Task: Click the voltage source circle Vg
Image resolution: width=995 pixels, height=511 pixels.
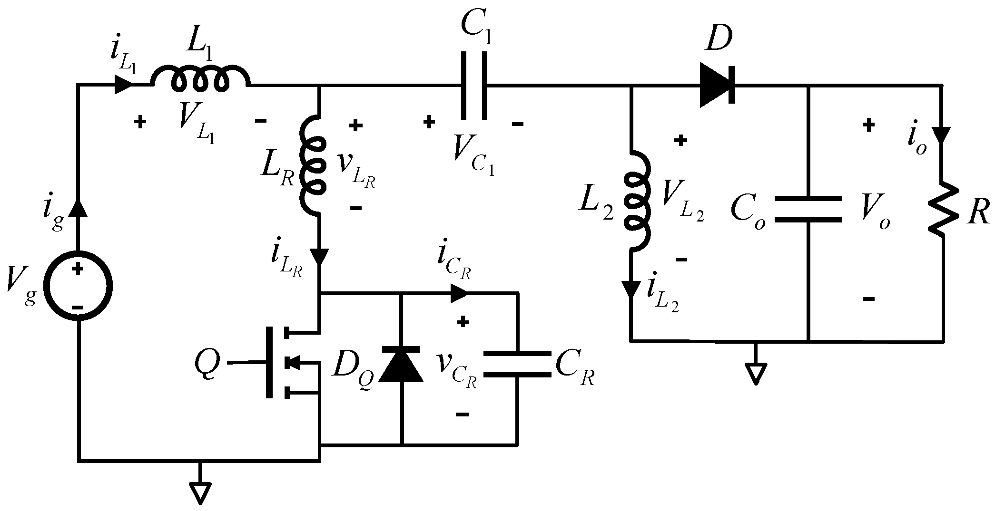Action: [x=78, y=285]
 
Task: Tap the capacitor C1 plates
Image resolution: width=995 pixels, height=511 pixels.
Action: [x=473, y=86]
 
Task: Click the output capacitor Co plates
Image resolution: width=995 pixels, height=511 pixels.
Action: [x=808, y=210]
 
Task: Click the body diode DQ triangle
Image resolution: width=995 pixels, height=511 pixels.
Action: [x=402, y=364]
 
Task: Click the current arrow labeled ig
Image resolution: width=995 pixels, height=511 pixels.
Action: [x=79, y=208]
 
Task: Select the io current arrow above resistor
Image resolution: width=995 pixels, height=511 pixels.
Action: [x=943, y=135]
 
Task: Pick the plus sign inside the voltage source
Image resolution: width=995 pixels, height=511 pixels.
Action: [x=78, y=269]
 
